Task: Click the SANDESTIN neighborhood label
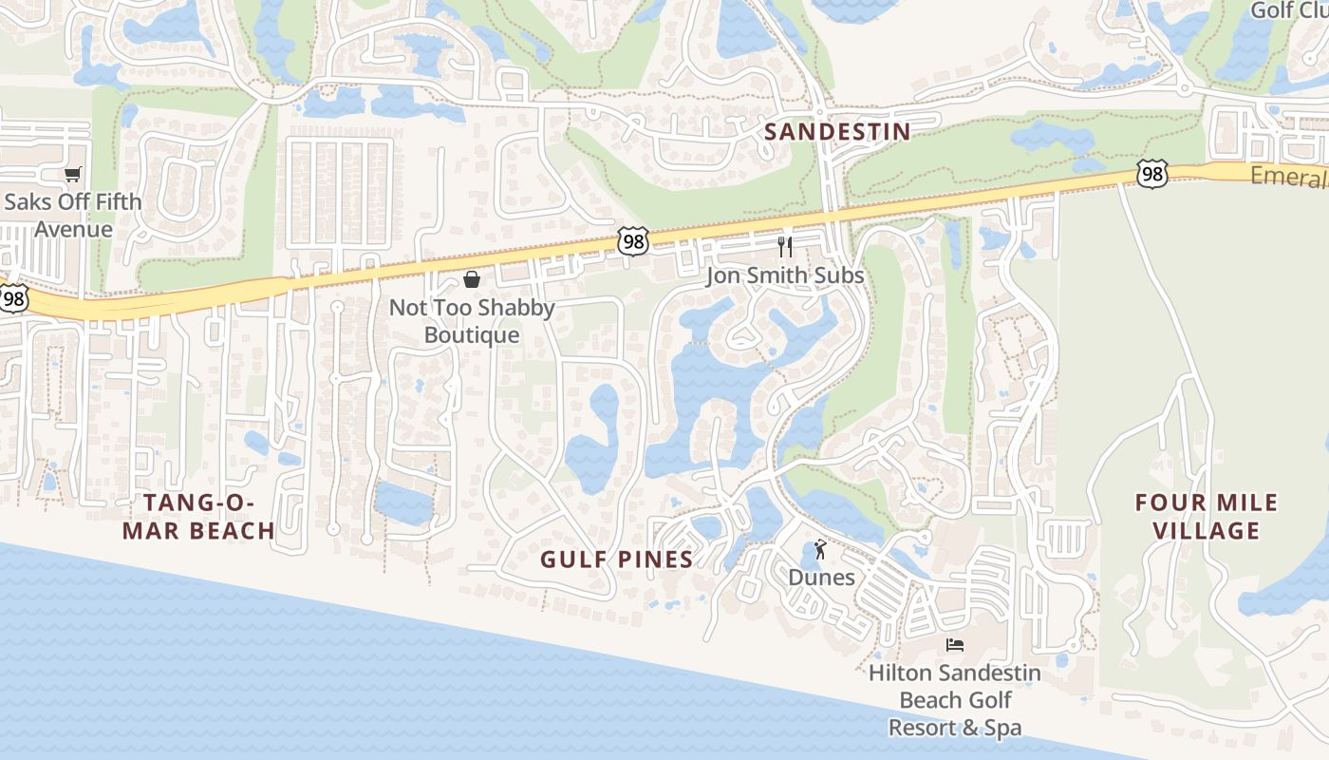[x=837, y=132]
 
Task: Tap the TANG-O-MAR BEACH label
[x=198, y=516]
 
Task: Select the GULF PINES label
[x=617, y=560]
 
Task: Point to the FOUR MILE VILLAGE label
[x=1207, y=516]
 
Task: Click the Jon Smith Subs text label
[x=785, y=275]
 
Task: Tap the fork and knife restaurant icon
[x=785, y=247]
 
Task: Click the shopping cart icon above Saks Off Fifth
[x=73, y=174]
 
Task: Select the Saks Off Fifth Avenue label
[x=73, y=215]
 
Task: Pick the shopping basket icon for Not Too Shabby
[x=472, y=279]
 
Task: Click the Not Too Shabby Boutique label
[x=472, y=321]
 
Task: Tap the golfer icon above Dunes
[x=821, y=549]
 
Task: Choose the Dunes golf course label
[x=821, y=578]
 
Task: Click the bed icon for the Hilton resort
[x=955, y=645]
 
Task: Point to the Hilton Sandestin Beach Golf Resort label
[x=955, y=700]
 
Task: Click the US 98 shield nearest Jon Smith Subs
[x=633, y=241]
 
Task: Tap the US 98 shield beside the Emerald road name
[x=1152, y=174]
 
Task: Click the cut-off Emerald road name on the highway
[x=1289, y=177]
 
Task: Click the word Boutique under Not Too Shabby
[x=472, y=335]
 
